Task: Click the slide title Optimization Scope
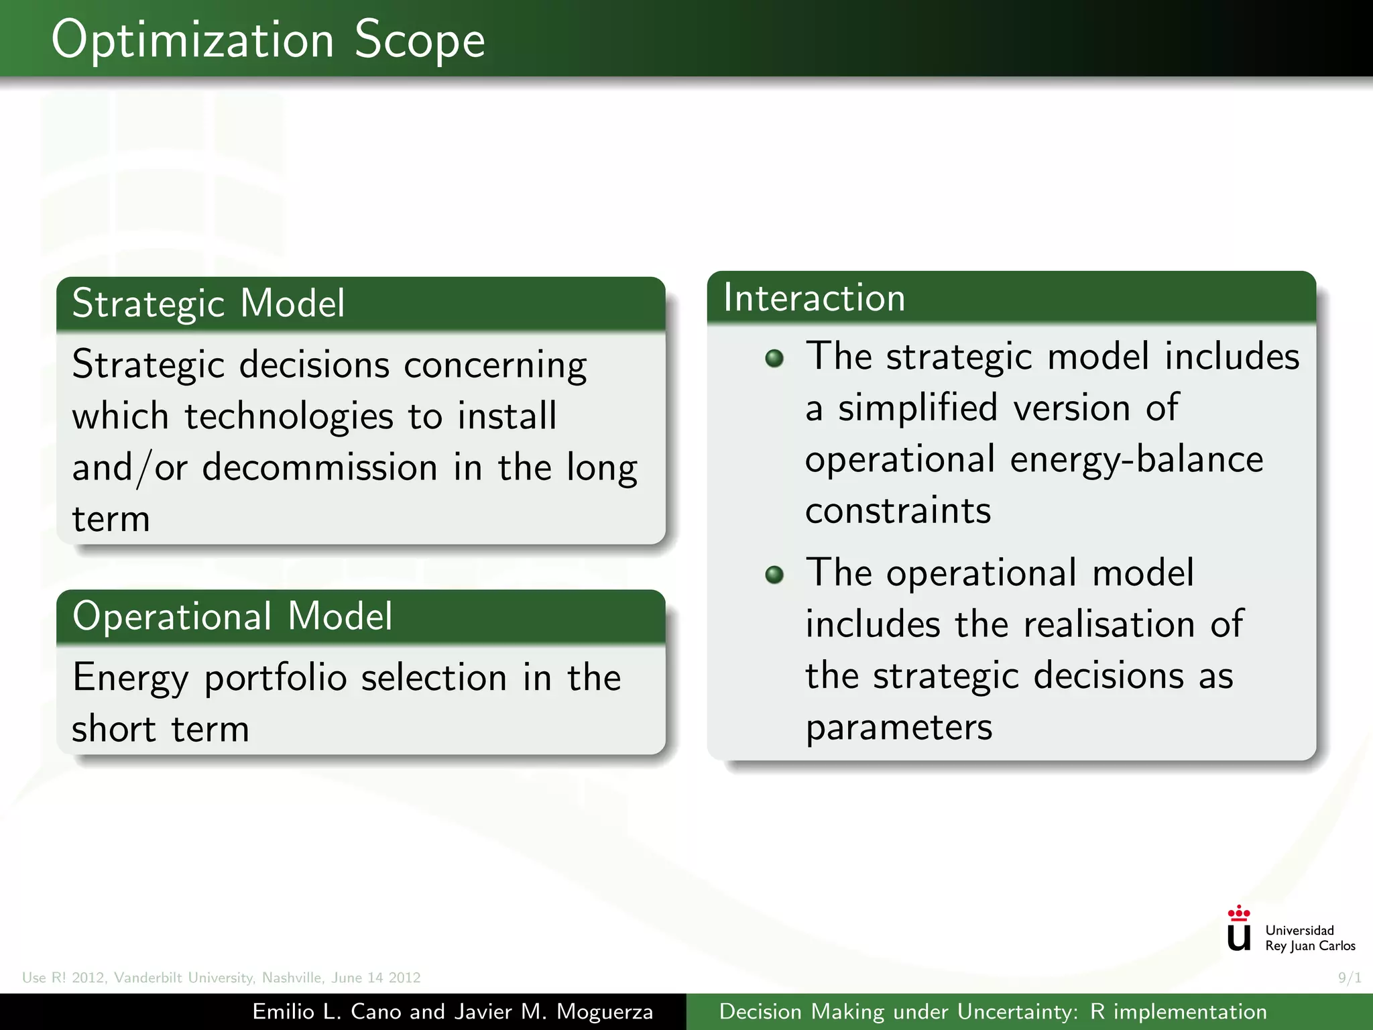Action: tap(268, 40)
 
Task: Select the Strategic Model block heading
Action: tap(208, 304)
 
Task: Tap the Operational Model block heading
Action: tap(232, 616)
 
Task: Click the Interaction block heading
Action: tap(814, 298)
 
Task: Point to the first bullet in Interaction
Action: tap(774, 358)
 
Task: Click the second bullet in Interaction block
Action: tap(774, 575)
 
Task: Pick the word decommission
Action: tap(320, 467)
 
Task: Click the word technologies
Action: tap(288, 416)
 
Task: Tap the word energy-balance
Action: tap(1136, 460)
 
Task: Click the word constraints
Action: tap(898, 511)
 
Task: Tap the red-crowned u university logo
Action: tap(1238, 929)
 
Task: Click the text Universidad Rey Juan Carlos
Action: tap(1309, 938)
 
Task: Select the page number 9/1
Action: tap(1349, 978)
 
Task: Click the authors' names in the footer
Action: tap(453, 1012)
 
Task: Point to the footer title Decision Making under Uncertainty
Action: tap(992, 1012)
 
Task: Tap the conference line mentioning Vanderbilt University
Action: tap(221, 978)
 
